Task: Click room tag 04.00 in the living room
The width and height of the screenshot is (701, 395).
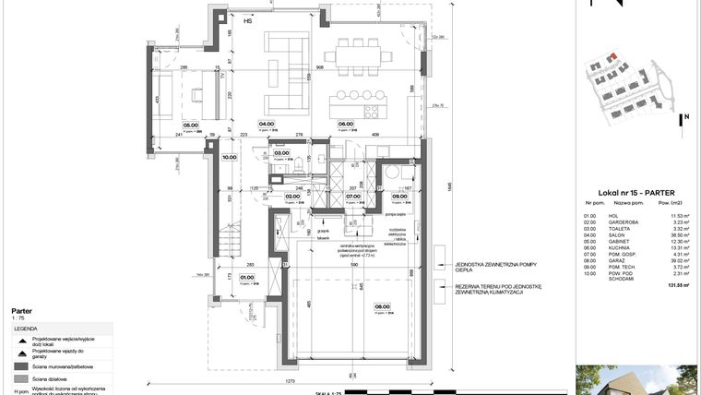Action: click(x=267, y=124)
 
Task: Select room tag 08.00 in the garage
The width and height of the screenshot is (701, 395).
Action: click(x=381, y=307)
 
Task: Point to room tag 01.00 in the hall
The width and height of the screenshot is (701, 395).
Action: click(x=247, y=276)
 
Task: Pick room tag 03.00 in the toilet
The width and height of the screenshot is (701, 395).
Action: click(x=282, y=153)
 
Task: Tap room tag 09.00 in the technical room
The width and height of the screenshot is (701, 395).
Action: click(x=399, y=196)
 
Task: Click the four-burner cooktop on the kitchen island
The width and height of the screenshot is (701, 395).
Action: click(x=372, y=111)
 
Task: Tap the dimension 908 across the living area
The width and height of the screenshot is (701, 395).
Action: click(x=319, y=67)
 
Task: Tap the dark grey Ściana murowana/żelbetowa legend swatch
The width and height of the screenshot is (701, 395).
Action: click(x=19, y=366)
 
